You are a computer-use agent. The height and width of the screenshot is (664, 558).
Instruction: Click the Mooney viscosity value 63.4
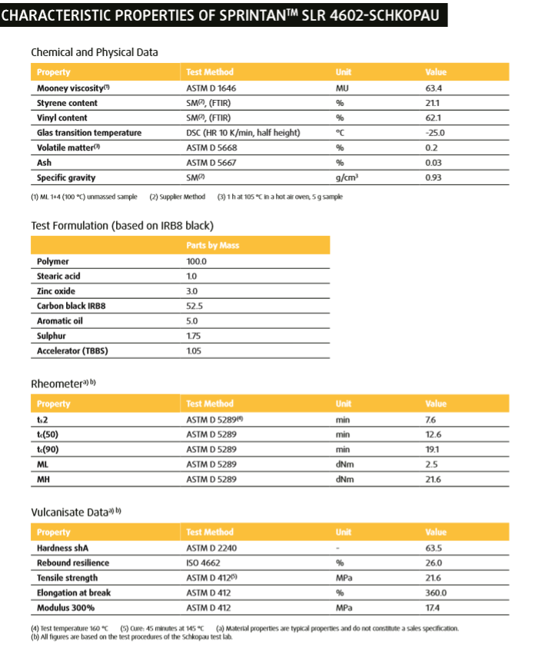pos(433,88)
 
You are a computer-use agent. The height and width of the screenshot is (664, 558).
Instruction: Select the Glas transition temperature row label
pos(89,133)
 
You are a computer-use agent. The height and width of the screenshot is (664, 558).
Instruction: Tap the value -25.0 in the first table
pos(435,133)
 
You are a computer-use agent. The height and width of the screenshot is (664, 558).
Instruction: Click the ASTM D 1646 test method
pos(213,88)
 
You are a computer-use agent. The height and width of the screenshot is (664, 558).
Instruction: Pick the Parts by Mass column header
pos(213,246)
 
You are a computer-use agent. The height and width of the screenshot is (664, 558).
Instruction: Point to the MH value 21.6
pos(433,480)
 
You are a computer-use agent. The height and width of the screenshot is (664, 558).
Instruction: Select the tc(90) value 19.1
pos(432,450)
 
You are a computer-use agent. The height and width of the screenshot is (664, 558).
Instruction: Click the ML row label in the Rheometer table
pos(42,464)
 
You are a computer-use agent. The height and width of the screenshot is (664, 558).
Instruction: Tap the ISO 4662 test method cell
pos(206,563)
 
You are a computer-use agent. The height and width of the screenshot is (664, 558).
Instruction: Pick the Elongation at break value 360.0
pos(436,593)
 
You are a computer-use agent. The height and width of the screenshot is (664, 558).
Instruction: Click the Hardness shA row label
pos(66,548)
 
